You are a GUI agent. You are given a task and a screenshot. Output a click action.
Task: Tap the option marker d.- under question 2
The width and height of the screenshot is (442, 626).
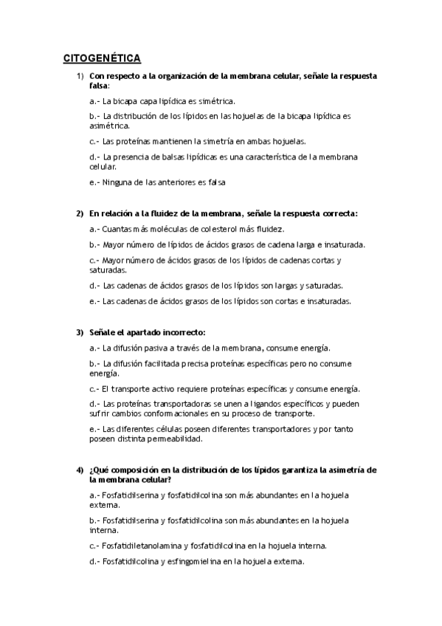tap(94, 286)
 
